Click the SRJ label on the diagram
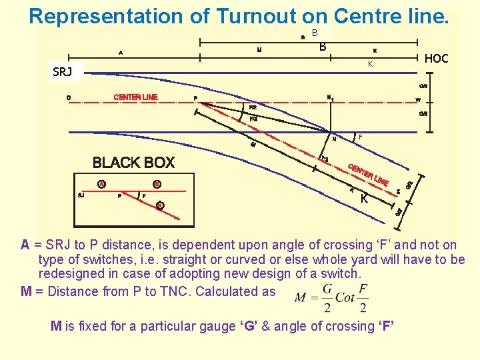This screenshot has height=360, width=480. [62, 72]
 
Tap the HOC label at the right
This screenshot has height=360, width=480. [436, 59]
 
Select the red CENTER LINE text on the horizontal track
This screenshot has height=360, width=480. [135, 97]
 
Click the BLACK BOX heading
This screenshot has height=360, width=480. [133, 163]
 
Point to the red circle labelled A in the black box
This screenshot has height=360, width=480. [102, 184]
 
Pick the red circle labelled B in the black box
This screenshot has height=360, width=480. [157, 184]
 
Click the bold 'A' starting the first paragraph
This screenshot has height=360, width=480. [25, 245]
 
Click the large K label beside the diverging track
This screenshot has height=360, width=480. [364, 199]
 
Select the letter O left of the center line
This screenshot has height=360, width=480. [69, 98]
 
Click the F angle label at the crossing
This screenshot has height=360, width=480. [360, 137]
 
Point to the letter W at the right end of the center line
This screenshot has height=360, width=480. [417, 101]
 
